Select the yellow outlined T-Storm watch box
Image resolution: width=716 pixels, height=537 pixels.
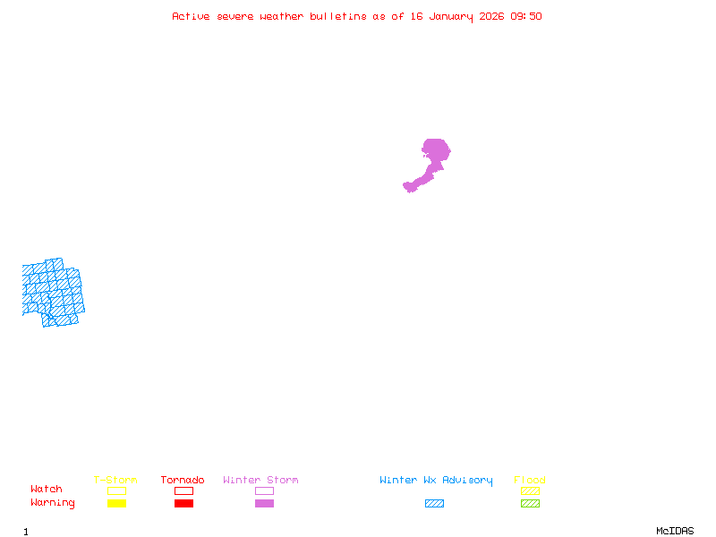(x=116, y=490)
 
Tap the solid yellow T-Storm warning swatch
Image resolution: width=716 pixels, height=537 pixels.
(x=116, y=503)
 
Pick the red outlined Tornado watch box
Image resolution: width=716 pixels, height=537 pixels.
(x=183, y=490)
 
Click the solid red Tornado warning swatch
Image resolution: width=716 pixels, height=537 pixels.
(x=183, y=503)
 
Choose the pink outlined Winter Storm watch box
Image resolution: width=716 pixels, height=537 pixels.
(x=264, y=490)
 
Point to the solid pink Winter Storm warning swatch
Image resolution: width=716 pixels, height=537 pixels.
(x=264, y=503)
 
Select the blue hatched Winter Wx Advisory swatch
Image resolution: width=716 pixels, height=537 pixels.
(x=434, y=503)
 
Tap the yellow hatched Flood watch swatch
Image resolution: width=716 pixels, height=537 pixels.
(x=530, y=490)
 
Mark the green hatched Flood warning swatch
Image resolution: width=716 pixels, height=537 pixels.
(x=530, y=503)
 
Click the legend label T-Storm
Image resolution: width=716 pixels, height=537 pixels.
(x=115, y=480)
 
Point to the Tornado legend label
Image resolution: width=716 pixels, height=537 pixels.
(x=183, y=480)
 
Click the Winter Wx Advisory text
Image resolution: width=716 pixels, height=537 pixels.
(x=436, y=480)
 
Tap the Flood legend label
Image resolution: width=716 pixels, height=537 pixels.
(x=530, y=480)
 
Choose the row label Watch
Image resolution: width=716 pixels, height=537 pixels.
(x=47, y=489)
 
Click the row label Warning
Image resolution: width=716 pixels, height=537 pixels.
(x=53, y=503)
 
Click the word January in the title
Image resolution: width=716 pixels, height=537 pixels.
(x=449, y=16)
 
